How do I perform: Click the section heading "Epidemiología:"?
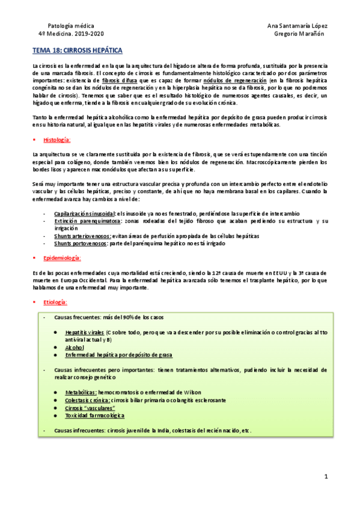tap(62, 257)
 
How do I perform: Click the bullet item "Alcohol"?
tap(75, 347)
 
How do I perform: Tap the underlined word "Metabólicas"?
tap(81, 392)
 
